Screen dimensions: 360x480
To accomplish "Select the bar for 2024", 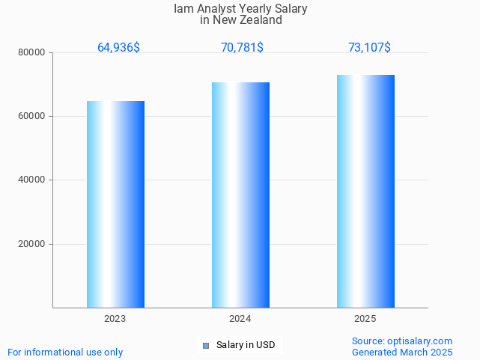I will [240, 195].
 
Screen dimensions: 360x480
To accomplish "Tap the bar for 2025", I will [365, 191].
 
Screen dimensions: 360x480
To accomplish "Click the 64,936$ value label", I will [118, 48].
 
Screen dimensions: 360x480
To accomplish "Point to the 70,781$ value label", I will [242, 48].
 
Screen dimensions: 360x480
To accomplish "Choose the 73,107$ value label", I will [369, 48].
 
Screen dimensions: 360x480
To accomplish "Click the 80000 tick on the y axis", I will [33, 52].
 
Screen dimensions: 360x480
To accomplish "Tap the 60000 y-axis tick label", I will [33, 116].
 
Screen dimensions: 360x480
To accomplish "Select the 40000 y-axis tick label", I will [33, 180].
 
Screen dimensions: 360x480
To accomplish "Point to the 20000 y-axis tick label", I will [33, 244].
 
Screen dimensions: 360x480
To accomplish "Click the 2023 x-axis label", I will [115, 319].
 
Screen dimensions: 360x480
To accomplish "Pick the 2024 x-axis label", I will [240, 319].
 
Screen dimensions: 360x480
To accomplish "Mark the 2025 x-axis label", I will [365, 319].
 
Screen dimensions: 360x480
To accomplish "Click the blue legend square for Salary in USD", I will [206, 345].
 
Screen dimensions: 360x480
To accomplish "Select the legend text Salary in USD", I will [246, 345].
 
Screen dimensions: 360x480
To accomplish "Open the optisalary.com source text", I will [402, 341].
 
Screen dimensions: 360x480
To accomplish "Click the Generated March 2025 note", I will [402, 352].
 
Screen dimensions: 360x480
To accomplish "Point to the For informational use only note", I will [65, 352].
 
